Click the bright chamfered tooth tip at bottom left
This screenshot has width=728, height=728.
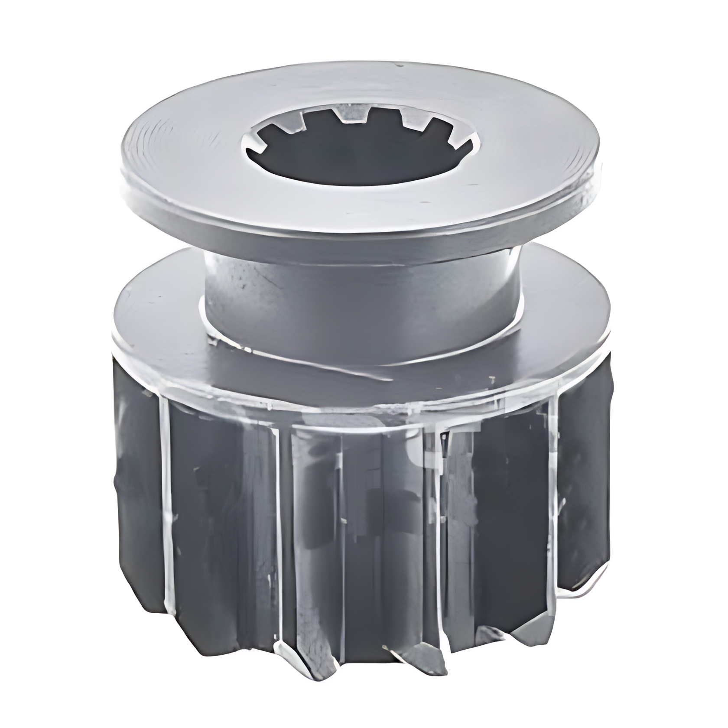[x=284, y=650]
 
